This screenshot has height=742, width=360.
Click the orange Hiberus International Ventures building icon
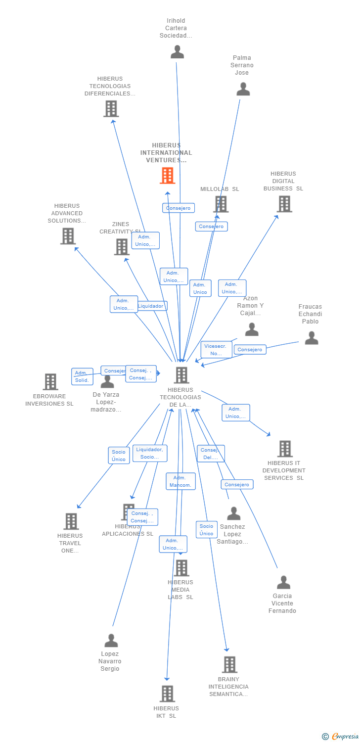168,176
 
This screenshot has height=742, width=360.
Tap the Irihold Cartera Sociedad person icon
177,52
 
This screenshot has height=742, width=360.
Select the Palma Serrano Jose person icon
243,90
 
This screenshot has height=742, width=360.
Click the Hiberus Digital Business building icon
284,204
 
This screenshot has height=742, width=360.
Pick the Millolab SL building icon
221,204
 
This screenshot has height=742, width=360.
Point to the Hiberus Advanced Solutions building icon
68,236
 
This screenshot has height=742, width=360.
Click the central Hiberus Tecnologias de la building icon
181,375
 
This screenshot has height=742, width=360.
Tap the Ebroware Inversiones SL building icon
50,382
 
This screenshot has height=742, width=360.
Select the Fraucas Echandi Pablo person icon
311,338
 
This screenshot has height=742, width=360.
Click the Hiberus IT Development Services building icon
285,449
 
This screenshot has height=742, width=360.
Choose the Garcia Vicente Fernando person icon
283,583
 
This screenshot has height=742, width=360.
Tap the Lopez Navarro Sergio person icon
111,641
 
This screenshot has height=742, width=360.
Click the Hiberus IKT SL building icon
167,694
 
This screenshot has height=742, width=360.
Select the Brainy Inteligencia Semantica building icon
229,664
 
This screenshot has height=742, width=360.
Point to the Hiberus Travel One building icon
71,521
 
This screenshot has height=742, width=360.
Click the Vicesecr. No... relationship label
216,350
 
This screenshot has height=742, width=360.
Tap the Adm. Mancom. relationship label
180,481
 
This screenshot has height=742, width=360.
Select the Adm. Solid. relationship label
82,376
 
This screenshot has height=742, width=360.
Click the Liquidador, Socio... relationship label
150,453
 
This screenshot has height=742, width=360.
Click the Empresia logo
340,737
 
